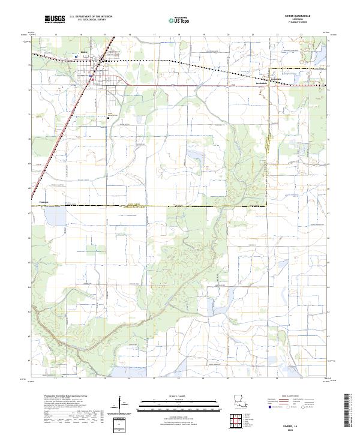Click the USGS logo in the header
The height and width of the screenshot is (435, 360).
click(x=55, y=19)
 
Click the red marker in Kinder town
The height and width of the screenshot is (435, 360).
click(x=92, y=79)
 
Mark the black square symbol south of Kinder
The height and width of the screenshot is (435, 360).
click(x=109, y=118)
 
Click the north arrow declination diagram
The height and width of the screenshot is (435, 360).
click(x=121, y=402)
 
